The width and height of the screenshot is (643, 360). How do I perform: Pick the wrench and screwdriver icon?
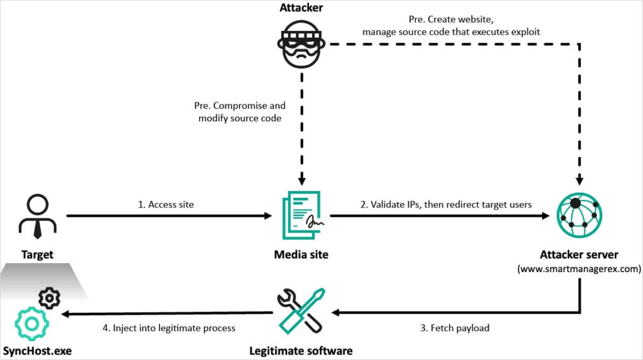tap(300, 310)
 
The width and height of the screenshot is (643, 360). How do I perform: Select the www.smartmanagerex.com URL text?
tap(578, 268)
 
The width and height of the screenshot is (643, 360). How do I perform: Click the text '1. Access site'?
tap(167, 205)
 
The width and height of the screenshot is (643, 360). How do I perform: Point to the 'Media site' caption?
tap(301, 254)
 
